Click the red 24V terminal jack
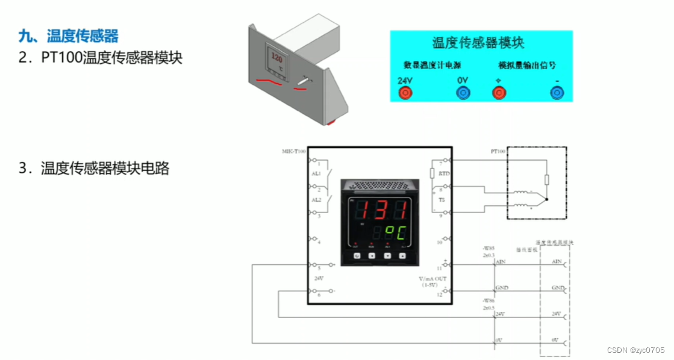pos(405,93)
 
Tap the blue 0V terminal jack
pos(463,93)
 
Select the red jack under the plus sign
pos(498,93)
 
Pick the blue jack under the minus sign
pos(557,93)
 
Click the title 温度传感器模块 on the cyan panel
pos(478,42)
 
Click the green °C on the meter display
pos(392,232)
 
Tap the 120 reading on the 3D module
pos(277,59)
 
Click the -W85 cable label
pos(488,248)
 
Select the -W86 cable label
pos(488,300)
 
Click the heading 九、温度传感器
pos(68,36)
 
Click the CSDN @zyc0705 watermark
pos(635,350)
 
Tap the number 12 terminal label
pos(439,294)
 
